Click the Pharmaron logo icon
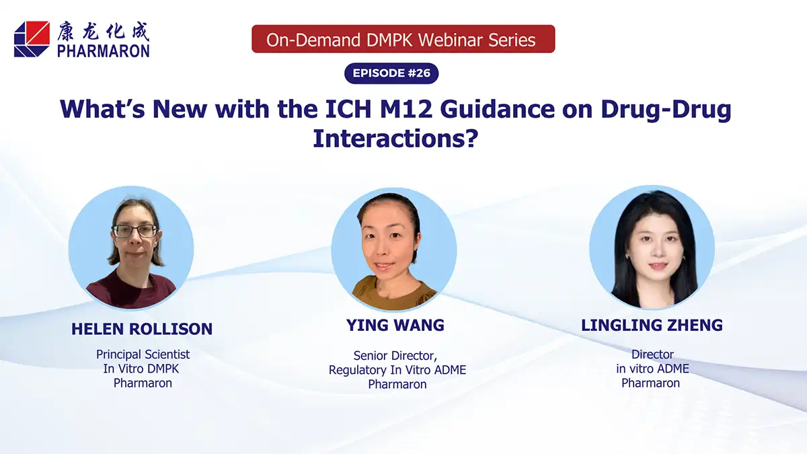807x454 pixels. click(x=32, y=39)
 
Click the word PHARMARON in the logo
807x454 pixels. click(x=104, y=50)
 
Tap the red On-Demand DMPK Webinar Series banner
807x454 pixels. click(x=402, y=40)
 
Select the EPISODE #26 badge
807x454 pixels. click(x=391, y=73)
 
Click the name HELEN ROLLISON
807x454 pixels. click(x=142, y=329)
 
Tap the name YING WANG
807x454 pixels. click(x=395, y=326)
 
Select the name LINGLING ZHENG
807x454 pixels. click(x=652, y=326)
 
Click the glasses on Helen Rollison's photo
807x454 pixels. click(x=135, y=231)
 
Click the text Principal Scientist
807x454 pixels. click(x=143, y=354)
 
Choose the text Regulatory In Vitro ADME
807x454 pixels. click(x=397, y=370)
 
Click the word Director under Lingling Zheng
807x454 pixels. click(x=652, y=354)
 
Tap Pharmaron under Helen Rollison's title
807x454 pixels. click(x=143, y=383)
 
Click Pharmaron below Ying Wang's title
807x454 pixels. click(x=397, y=385)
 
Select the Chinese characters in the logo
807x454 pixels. click(x=104, y=31)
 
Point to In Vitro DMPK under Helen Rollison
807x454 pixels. click(x=143, y=369)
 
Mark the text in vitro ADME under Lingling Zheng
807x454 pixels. click(x=652, y=369)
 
